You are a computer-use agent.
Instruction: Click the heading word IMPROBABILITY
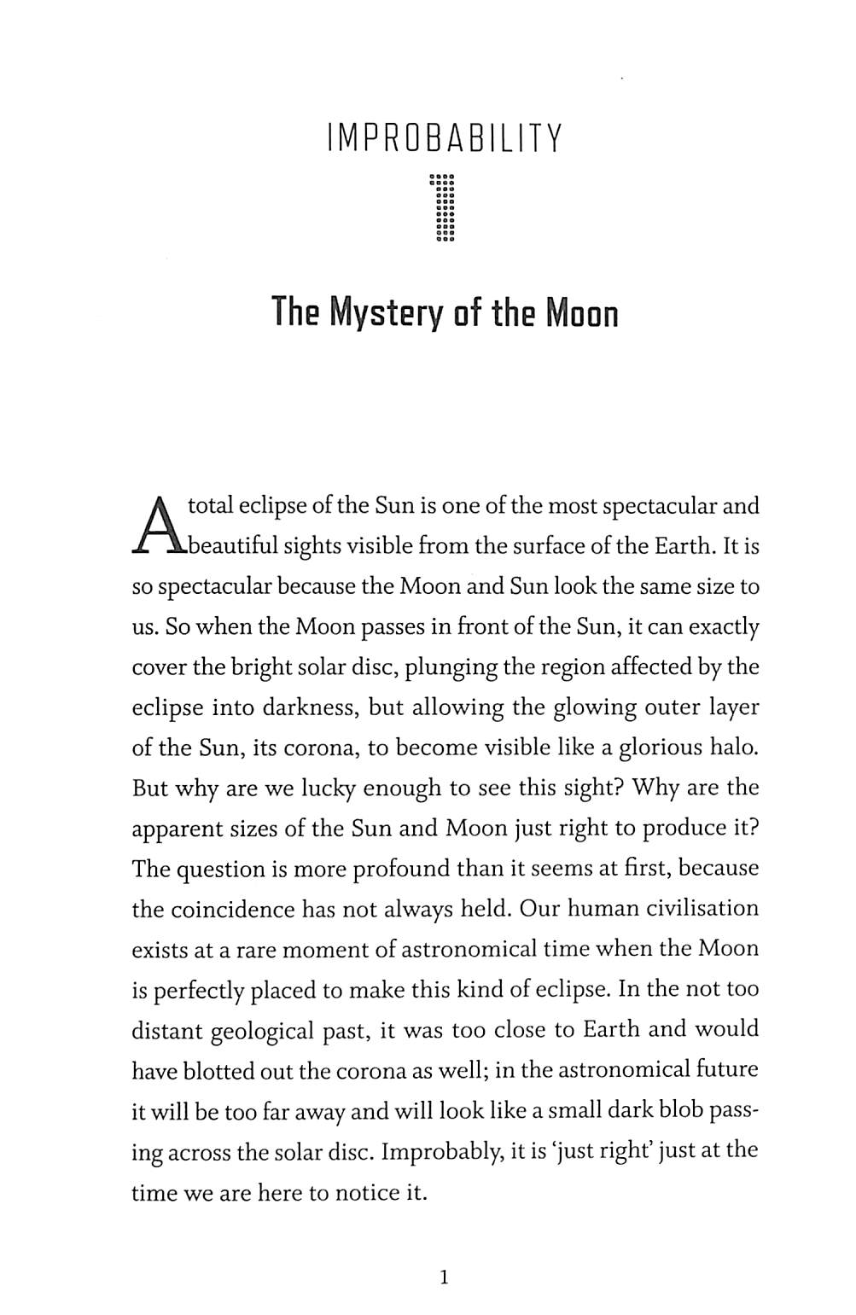(445, 139)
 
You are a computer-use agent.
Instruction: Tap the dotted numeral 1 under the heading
(445, 209)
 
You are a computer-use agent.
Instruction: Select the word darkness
(268, 707)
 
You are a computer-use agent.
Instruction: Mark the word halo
(733, 748)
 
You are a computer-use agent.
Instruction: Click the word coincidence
(230, 909)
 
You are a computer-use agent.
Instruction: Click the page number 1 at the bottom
(442, 1277)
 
